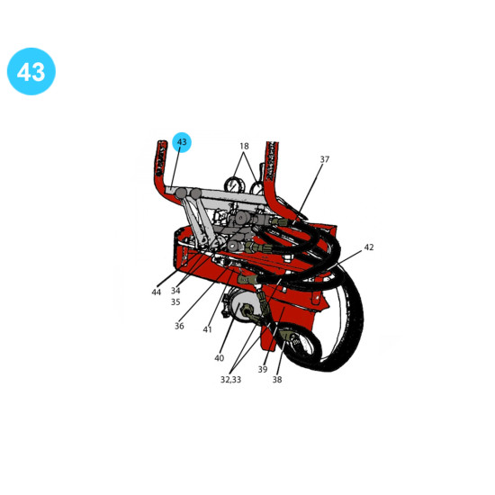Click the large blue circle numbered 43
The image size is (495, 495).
point(31,71)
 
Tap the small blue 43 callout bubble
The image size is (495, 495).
point(182,142)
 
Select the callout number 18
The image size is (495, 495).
point(244,146)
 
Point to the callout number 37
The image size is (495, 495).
point(325,159)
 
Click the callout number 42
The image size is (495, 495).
point(369,247)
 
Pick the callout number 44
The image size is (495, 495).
point(157,292)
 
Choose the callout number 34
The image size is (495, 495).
point(175,291)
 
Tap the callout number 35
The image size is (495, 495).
point(175,302)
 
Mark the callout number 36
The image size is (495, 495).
point(179,326)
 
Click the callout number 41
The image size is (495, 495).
point(207,329)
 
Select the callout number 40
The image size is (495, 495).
point(219,358)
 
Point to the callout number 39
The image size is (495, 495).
point(263,369)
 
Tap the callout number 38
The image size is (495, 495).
point(277,380)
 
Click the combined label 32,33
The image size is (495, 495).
point(230,380)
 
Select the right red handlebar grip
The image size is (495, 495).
point(272,164)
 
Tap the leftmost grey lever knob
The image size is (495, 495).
point(181,193)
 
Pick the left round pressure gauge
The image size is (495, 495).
point(232,184)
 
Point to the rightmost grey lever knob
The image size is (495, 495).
point(195,193)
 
